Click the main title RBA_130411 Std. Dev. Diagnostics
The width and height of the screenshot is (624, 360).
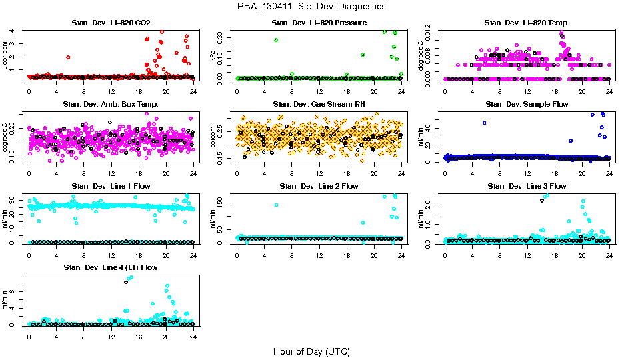[311, 7]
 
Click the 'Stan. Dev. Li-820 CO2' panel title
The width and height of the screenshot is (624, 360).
[111, 23]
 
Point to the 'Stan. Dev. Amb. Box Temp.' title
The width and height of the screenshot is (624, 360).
[111, 105]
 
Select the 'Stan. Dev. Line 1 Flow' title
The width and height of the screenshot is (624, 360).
[111, 186]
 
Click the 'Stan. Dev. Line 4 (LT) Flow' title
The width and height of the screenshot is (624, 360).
[111, 267]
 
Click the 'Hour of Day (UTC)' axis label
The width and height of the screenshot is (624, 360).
[311, 351]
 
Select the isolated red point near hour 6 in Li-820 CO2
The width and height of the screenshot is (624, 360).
[68, 57]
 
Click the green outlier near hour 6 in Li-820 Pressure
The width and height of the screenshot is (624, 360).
[276, 40]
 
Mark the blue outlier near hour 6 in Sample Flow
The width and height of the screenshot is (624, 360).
[485, 123]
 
